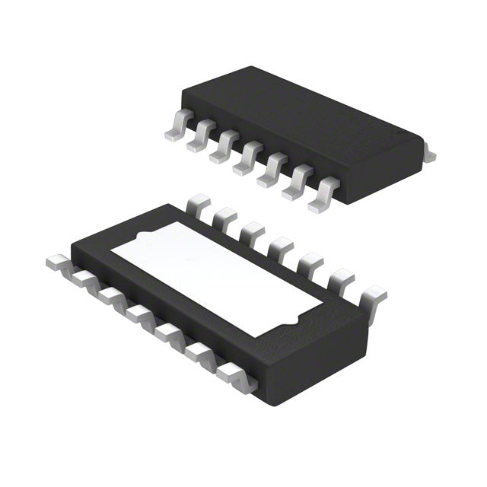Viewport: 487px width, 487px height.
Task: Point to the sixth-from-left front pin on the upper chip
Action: (297, 183)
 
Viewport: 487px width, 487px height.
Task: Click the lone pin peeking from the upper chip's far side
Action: (429, 154)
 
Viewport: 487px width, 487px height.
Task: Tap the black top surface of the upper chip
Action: (304, 129)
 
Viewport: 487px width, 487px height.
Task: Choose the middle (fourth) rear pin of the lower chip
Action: (280, 246)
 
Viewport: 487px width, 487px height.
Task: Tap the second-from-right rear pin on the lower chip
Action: (340, 279)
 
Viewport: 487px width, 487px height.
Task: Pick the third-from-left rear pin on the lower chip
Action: (252, 230)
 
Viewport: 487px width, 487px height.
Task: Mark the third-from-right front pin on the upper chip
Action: (270, 171)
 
